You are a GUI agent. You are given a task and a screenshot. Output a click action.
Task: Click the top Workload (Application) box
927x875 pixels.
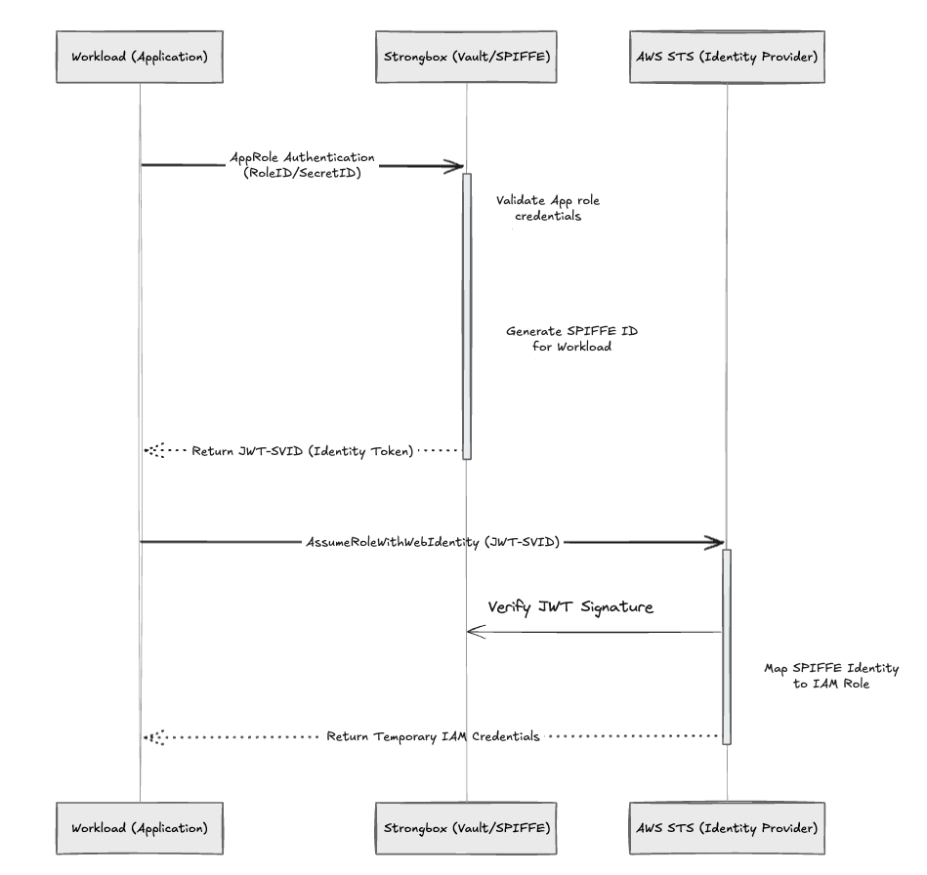[140, 56]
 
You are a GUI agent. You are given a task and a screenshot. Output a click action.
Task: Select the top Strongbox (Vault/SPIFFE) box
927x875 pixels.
[466, 56]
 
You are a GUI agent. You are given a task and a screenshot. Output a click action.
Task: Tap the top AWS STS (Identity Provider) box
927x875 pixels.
[727, 56]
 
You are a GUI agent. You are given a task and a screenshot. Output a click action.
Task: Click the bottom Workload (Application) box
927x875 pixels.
[140, 828]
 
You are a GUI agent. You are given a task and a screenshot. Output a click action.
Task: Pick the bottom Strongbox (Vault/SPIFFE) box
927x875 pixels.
[466, 828]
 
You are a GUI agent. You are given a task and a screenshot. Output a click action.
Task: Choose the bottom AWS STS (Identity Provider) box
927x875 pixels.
[727, 828]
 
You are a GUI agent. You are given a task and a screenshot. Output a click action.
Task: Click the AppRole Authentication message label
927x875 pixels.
[301, 165]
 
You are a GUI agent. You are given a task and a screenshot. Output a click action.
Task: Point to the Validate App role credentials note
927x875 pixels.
[547, 208]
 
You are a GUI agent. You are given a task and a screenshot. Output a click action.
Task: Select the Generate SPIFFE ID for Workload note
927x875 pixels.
[558, 339]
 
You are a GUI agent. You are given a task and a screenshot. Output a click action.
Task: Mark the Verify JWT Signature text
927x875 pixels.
[571, 607]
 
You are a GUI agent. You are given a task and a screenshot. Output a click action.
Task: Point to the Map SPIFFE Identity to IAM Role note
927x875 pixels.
[831, 677]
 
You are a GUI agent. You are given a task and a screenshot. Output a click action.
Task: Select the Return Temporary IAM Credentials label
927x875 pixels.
[433, 736]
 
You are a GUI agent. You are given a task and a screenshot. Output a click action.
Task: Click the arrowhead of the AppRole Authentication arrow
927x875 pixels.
[455, 167]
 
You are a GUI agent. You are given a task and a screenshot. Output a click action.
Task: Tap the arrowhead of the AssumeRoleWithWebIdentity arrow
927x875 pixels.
[716, 542]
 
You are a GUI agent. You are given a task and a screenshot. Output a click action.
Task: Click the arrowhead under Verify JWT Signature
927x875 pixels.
[473, 632]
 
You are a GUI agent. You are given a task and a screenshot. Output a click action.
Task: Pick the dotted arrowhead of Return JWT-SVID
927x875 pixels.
[151, 451]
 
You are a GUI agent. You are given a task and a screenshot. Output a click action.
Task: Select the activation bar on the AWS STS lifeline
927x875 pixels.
[727, 645]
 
